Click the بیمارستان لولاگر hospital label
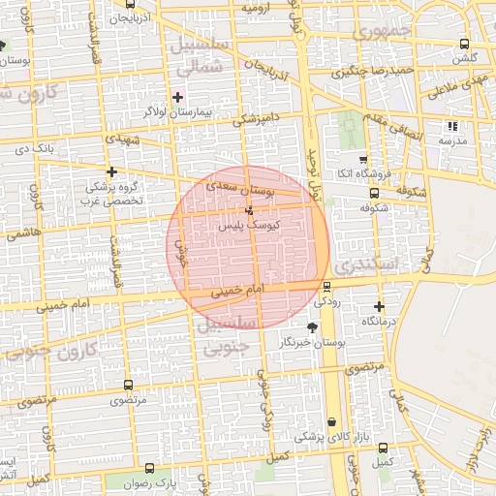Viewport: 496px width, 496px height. click(x=178, y=113)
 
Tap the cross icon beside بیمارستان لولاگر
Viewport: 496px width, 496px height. click(x=177, y=97)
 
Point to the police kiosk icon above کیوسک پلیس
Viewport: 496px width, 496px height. click(x=250, y=209)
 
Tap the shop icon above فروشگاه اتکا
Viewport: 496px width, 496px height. click(x=363, y=160)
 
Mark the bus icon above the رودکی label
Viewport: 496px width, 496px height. click(x=326, y=286)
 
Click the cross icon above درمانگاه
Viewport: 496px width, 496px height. click(x=379, y=306)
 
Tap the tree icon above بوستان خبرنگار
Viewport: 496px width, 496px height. click(x=311, y=327)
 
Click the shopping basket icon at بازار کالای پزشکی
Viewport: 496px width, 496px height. click(x=334, y=422)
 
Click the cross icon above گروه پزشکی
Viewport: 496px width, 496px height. click(x=112, y=171)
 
